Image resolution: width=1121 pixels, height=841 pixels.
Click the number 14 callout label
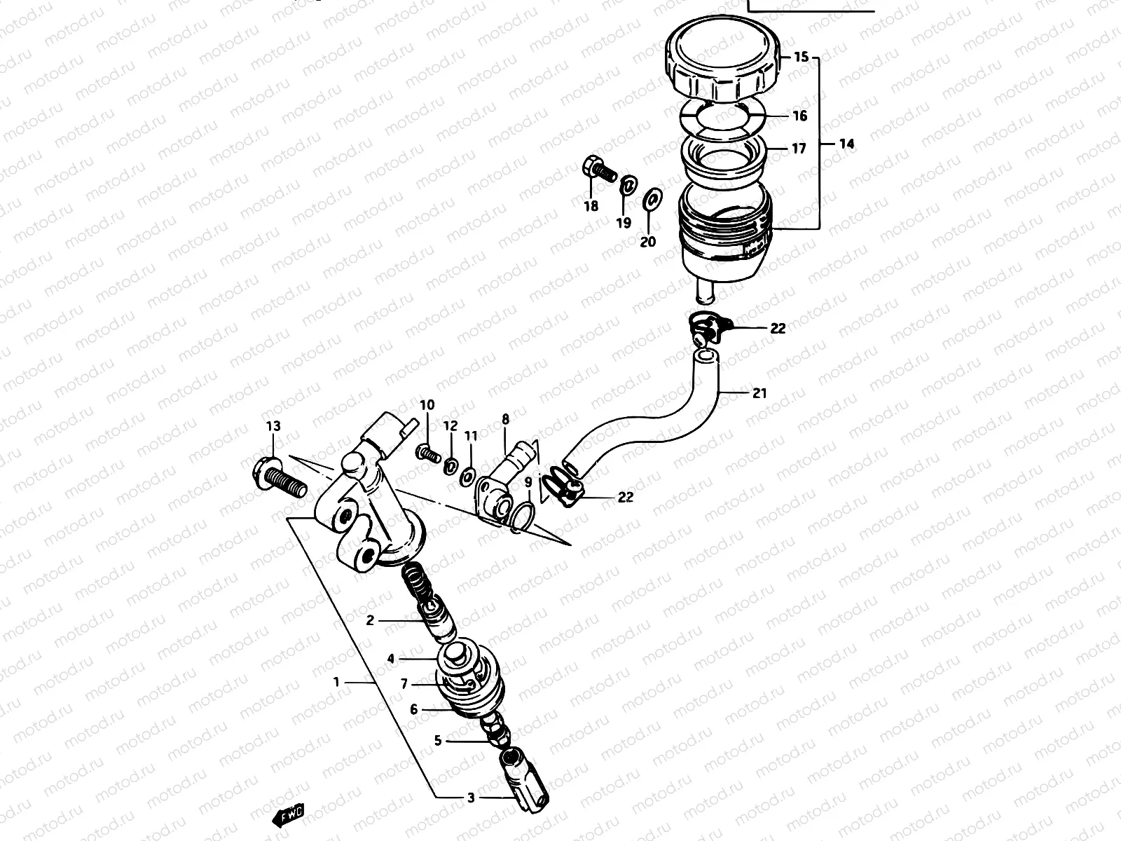point(846,144)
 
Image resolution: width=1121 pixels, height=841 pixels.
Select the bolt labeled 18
point(596,168)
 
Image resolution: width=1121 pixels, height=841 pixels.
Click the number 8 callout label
point(505,420)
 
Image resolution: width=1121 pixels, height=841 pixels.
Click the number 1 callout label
point(337,681)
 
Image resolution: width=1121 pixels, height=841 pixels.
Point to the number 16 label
point(800,116)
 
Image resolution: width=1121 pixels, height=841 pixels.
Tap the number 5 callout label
point(438,740)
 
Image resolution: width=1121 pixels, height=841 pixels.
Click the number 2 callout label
point(371,620)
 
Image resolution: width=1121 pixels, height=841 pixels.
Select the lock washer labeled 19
point(628,185)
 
